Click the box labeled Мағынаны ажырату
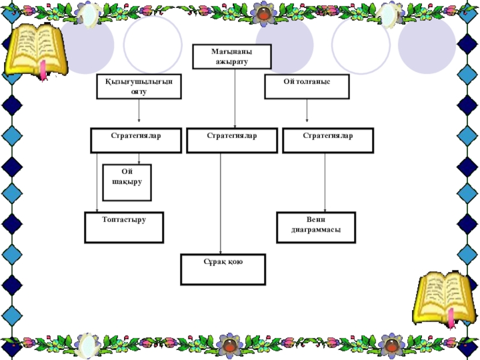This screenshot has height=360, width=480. (232, 56)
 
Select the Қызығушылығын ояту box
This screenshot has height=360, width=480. (139, 86)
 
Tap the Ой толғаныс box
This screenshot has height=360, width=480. (307, 86)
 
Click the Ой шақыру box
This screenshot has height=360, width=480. (127, 182)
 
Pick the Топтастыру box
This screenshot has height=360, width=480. (124, 227)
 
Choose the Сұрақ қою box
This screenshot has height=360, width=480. (223, 269)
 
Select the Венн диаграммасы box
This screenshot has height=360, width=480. (316, 227)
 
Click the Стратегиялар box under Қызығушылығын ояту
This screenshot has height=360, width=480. (136, 140)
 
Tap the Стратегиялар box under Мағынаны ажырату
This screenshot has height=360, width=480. (232, 140)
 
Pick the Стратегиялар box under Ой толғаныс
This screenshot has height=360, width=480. (328, 140)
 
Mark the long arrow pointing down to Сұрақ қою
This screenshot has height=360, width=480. (221, 204)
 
